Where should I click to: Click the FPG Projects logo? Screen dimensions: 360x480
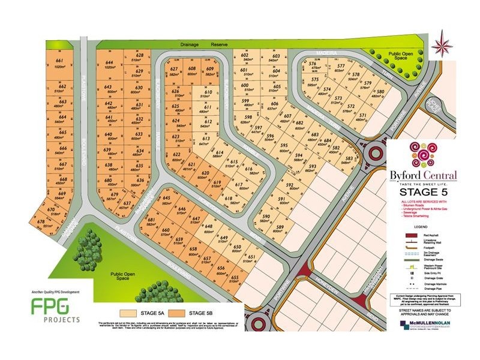55,309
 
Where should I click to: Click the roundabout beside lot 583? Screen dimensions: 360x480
376,149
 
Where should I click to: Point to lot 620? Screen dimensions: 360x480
205,175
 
